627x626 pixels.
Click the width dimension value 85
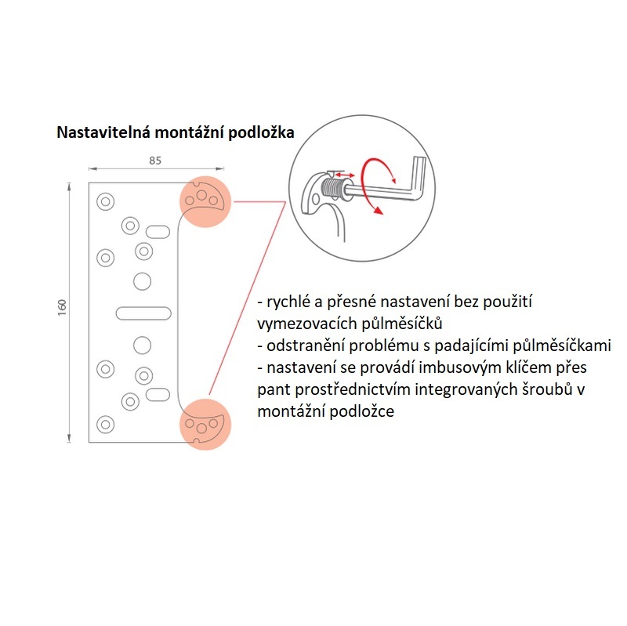tap(154, 161)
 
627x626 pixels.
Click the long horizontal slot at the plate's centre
tap(144, 313)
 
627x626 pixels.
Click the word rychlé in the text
tap(287, 302)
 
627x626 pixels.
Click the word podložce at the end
tap(360, 411)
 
